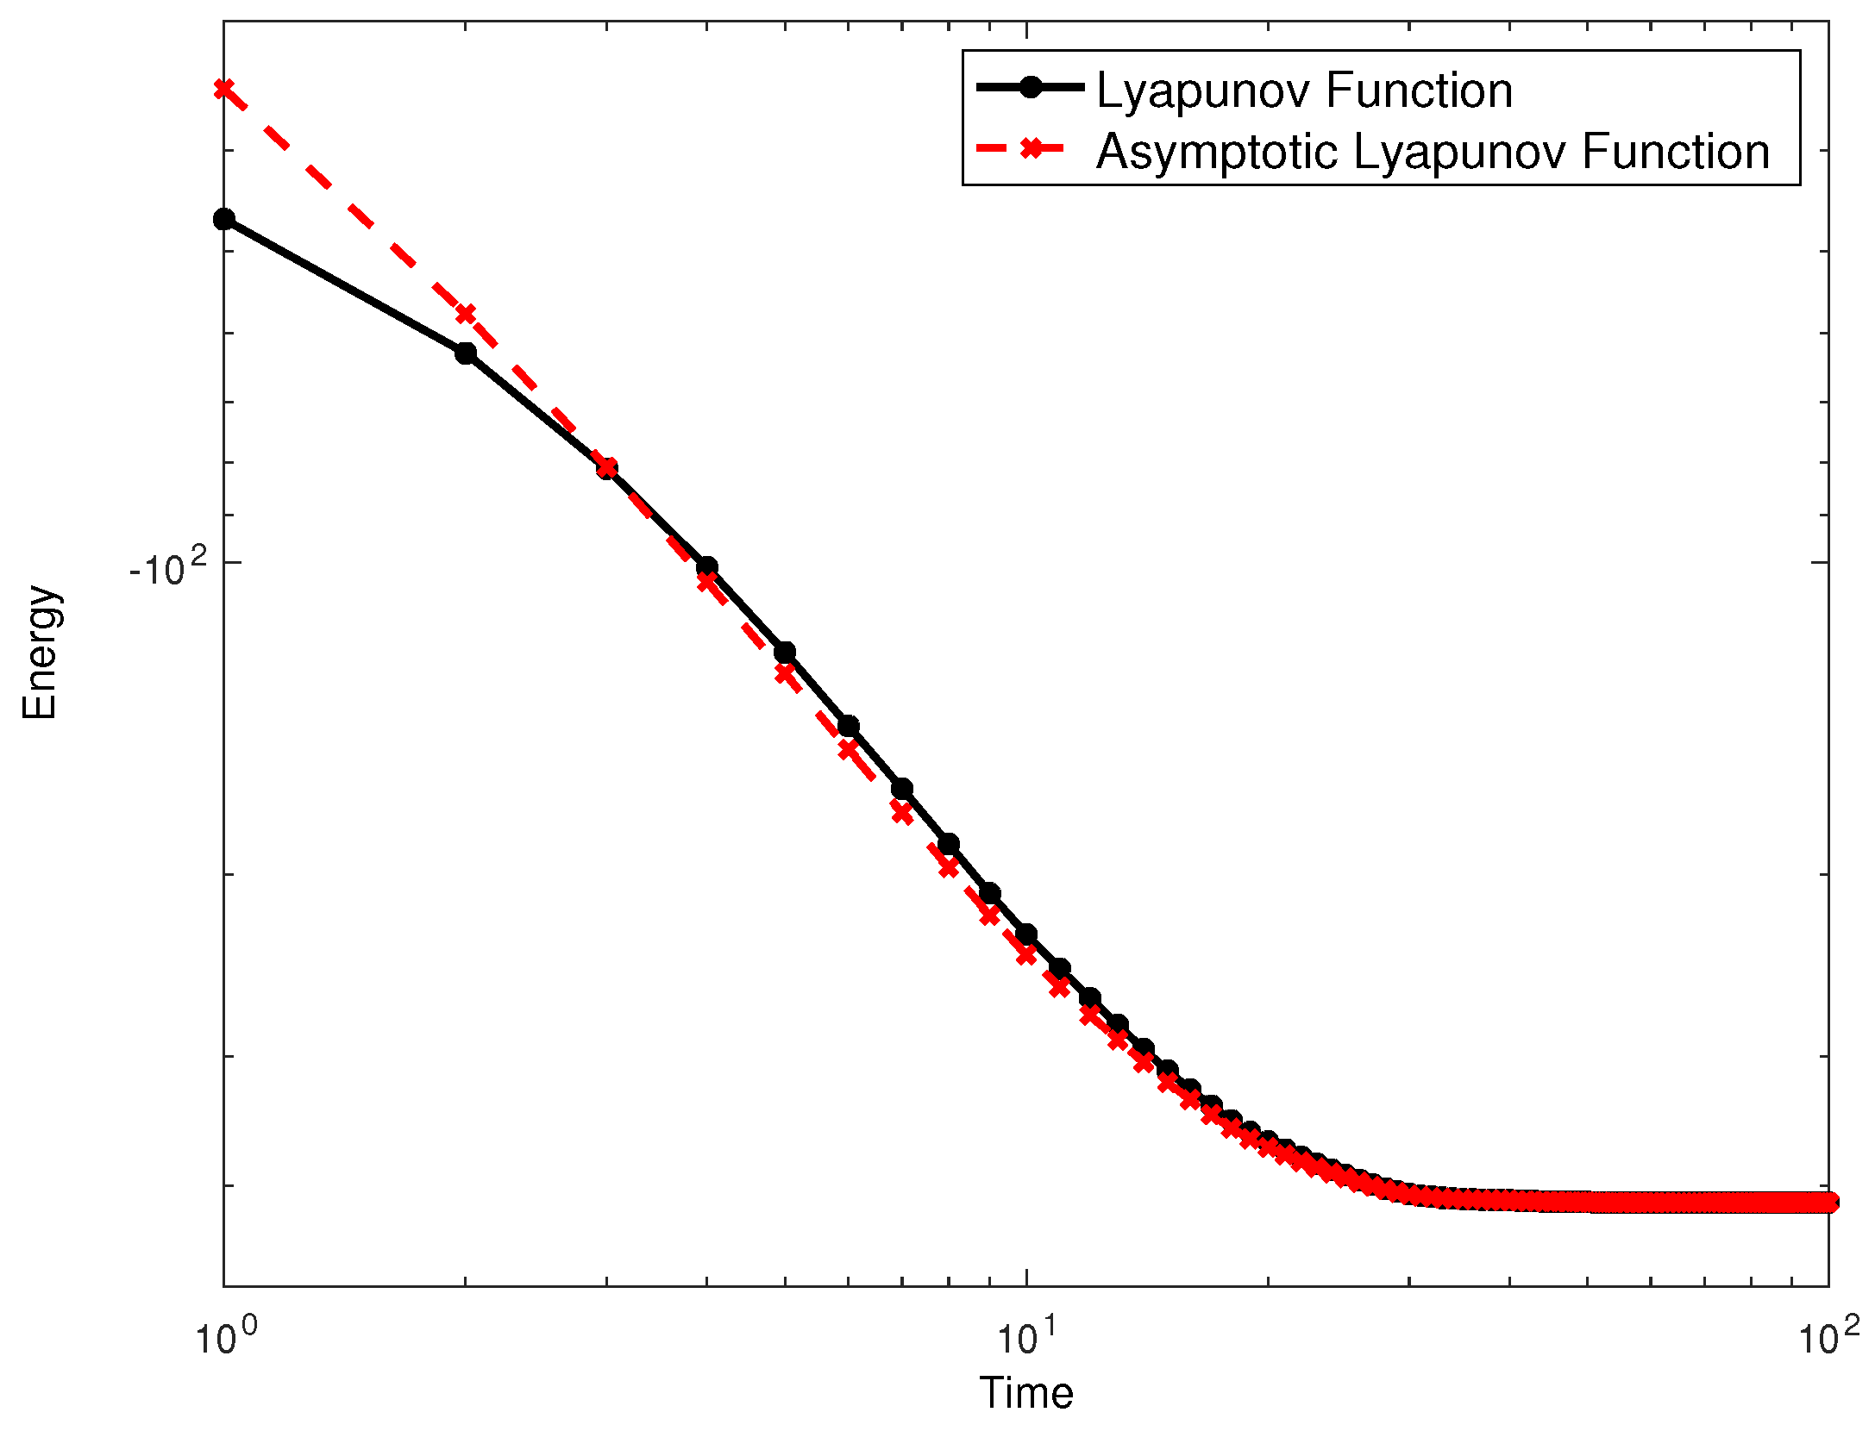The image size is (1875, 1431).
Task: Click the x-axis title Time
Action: [x=1025, y=1393]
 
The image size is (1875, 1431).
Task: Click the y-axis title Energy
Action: [x=40, y=653]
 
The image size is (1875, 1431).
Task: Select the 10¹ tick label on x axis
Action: [x=1026, y=1336]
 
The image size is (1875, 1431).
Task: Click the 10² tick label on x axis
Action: [x=1828, y=1336]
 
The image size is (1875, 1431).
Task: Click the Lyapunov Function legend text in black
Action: [x=1304, y=91]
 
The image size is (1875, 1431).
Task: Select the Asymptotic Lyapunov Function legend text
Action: [x=1433, y=152]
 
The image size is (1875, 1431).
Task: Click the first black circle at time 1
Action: [x=224, y=219]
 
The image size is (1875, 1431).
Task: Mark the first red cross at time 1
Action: [x=224, y=89]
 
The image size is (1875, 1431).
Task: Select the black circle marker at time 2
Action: [x=466, y=353]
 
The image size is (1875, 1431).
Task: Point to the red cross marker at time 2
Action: [x=466, y=314]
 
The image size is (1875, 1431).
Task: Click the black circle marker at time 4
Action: [x=707, y=566]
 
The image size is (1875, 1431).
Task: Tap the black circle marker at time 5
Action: [x=785, y=653]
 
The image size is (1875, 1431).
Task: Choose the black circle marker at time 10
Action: [x=1026, y=934]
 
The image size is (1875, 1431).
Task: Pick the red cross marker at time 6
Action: [x=849, y=749]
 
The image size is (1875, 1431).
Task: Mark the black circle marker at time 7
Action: [x=902, y=789]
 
